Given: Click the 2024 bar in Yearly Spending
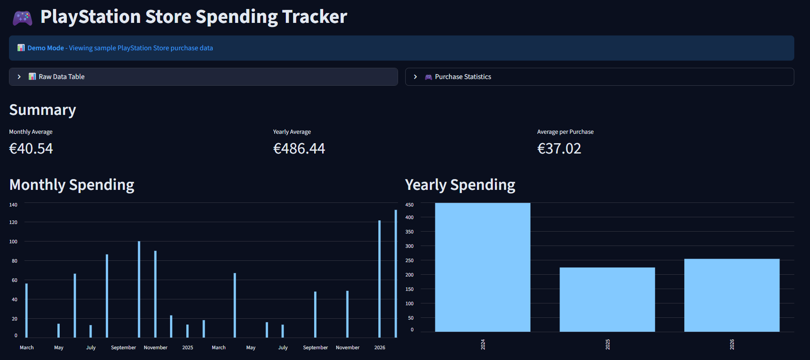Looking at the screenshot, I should click(x=482, y=268).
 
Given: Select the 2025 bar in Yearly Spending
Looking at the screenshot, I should click(x=607, y=300).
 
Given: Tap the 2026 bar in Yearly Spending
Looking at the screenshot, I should click(x=731, y=295).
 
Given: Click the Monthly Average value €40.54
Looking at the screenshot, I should click(x=31, y=149).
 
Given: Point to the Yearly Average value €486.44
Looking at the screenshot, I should click(x=299, y=149).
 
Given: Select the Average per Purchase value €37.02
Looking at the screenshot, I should click(x=559, y=149).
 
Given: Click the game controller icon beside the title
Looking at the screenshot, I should click(x=22, y=18).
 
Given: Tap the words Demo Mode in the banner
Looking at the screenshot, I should click(x=45, y=48).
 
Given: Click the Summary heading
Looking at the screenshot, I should click(x=43, y=110).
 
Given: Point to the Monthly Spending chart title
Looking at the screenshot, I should click(x=72, y=185).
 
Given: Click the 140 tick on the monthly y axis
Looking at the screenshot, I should click(x=13, y=205).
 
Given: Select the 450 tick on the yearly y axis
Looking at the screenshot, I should click(x=409, y=205).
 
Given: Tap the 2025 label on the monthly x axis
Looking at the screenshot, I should click(x=188, y=347).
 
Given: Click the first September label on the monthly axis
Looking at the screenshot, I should click(x=123, y=347).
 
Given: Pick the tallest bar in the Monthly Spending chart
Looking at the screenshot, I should click(x=396, y=274).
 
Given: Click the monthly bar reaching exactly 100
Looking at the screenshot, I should click(x=139, y=290).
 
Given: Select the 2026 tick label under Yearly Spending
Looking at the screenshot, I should click(x=732, y=344).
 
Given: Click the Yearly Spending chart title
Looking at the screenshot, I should click(x=460, y=185).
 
